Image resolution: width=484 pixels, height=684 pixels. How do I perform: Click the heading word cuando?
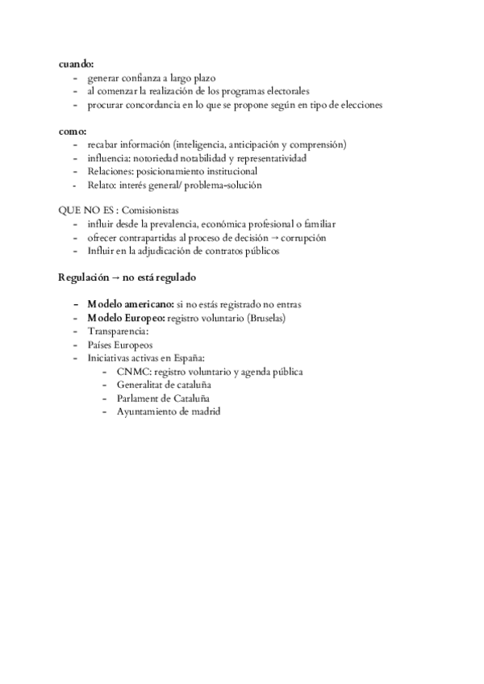click(x=77, y=64)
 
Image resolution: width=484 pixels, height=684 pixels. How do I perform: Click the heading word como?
click(x=73, y=131)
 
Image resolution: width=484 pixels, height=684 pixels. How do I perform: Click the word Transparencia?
click(x=118, y=332)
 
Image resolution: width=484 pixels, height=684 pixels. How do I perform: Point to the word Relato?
click(x=101, y=185)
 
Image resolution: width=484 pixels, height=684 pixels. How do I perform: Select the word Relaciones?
click(x=111, y=171)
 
